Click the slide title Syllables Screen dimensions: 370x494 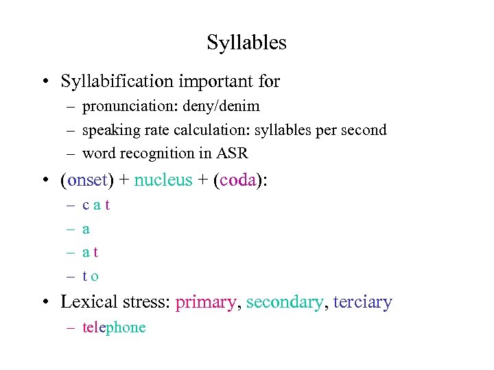coord(246,43)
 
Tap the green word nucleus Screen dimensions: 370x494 coord(163,181)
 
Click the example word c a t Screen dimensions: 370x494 coord(96,205)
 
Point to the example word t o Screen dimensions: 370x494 coord(91,276)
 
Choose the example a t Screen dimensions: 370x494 coord(91,253)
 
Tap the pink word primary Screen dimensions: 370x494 coord(205,302)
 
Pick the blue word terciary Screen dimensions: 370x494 coord(362,302)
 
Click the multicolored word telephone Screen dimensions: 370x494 coord(114,328)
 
